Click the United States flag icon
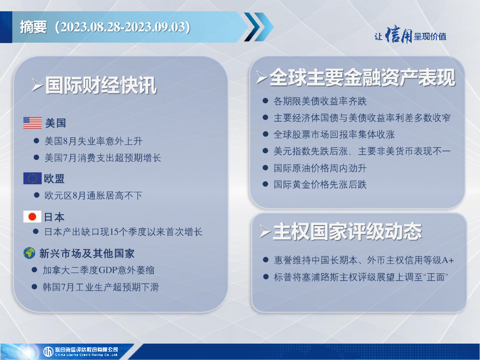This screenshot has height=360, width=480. click(32, 123)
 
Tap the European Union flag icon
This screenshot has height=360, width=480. click(32, 178)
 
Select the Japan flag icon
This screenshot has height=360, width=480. click(32, 217)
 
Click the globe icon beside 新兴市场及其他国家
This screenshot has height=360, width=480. click(30, 253)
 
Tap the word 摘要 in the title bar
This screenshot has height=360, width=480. click(33, 27)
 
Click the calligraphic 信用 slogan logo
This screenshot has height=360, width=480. click(398, 35)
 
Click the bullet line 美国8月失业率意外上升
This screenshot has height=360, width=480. click(93, 141)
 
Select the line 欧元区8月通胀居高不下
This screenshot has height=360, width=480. click(93, 195)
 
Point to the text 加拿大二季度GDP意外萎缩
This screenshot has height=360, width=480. click(98, 270)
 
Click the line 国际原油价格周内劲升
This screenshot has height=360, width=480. click(320, 168)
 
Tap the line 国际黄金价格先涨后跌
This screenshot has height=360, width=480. click(320, 184)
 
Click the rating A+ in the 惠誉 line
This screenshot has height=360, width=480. click(448, 260)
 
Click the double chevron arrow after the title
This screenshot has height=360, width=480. click(259, 27)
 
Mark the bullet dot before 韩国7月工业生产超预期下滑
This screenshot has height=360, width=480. click(35, 287)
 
